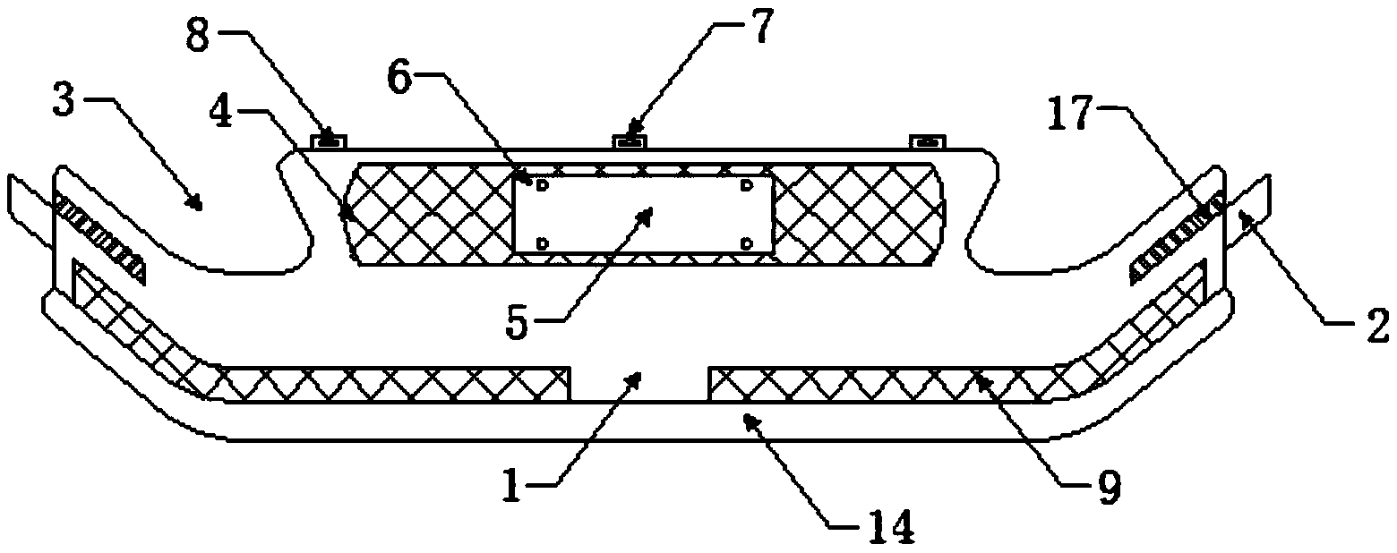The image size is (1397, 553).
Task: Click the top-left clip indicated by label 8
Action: pos(329,140)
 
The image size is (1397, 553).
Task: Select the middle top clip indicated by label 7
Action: pos(631,140)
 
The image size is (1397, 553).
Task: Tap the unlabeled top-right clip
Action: pos(928,141)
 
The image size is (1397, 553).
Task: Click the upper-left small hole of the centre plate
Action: pos(541,184)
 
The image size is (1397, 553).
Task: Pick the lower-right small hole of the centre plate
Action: pos(747,242)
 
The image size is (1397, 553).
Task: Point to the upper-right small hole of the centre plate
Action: pos(747,184)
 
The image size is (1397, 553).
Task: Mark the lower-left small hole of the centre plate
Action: pos(541,242)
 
